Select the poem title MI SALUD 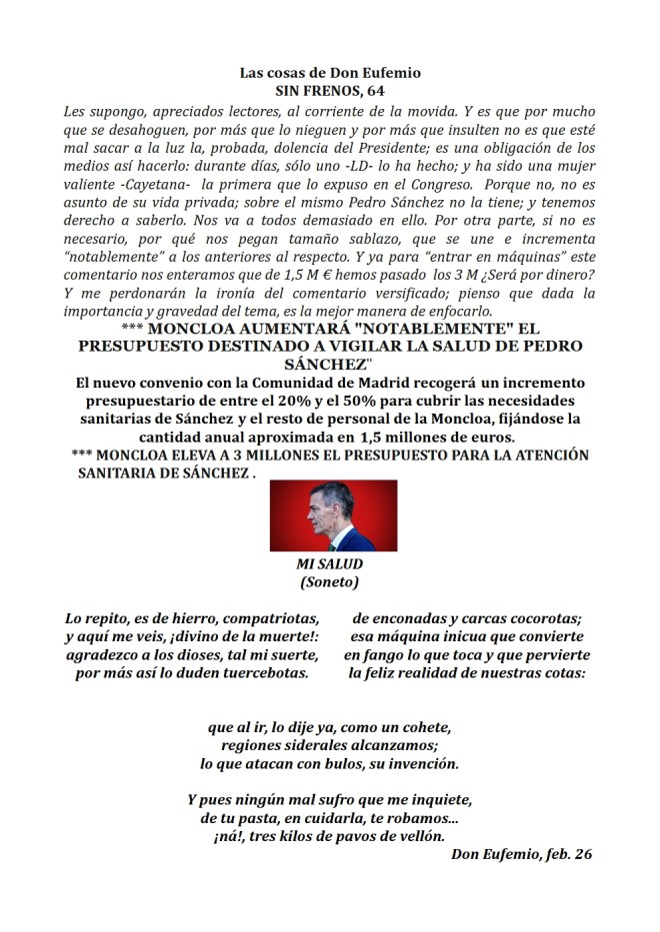click(330, 564)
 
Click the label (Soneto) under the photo click(330, 581)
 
